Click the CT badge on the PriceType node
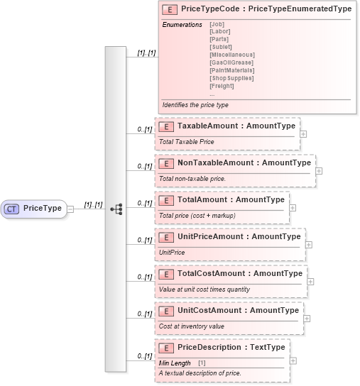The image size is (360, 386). (x=12, y=209)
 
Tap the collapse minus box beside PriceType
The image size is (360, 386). (x=70, y=209)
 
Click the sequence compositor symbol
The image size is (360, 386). (x=116, y=209)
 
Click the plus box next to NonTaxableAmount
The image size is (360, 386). (x=319, y=170)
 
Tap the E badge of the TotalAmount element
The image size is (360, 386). (x=165, y=200)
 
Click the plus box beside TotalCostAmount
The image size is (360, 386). (x=311, y=281)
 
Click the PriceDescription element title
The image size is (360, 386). (x=231, y=347)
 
